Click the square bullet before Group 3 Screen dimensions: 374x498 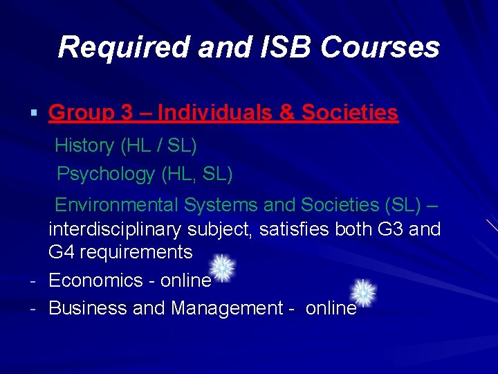coord(34,113)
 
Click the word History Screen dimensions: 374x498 coord(84,145)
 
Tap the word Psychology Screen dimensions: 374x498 coord(107,173)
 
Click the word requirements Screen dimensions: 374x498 coord(136,251)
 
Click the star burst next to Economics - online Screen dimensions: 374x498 coord(221,268)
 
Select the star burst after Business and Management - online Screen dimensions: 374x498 coord(364,293)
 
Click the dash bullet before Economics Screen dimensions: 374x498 coord(33,280)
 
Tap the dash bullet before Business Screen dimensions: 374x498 coord(33,308)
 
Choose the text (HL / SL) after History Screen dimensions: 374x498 coord(158,145)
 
